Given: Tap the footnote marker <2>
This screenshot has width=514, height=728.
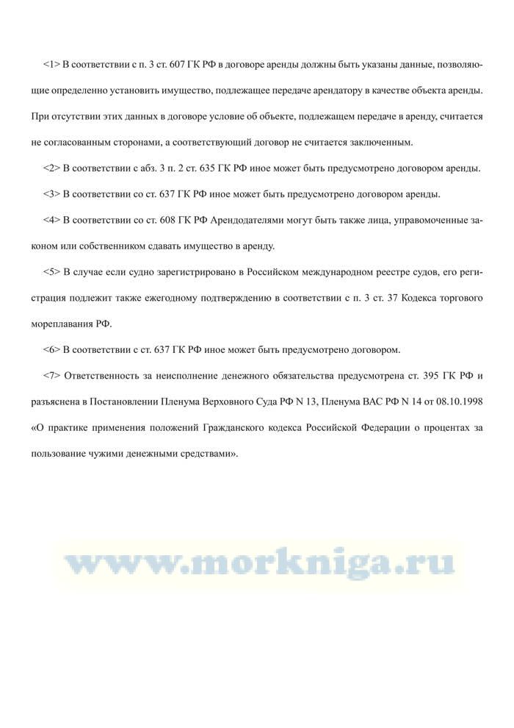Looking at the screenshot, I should pos(51,168).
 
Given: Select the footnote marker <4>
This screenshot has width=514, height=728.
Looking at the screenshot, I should pos(51,220).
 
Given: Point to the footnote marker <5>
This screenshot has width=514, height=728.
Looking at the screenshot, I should pos(51,272).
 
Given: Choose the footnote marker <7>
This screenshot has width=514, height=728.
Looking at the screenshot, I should pos(51,376).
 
